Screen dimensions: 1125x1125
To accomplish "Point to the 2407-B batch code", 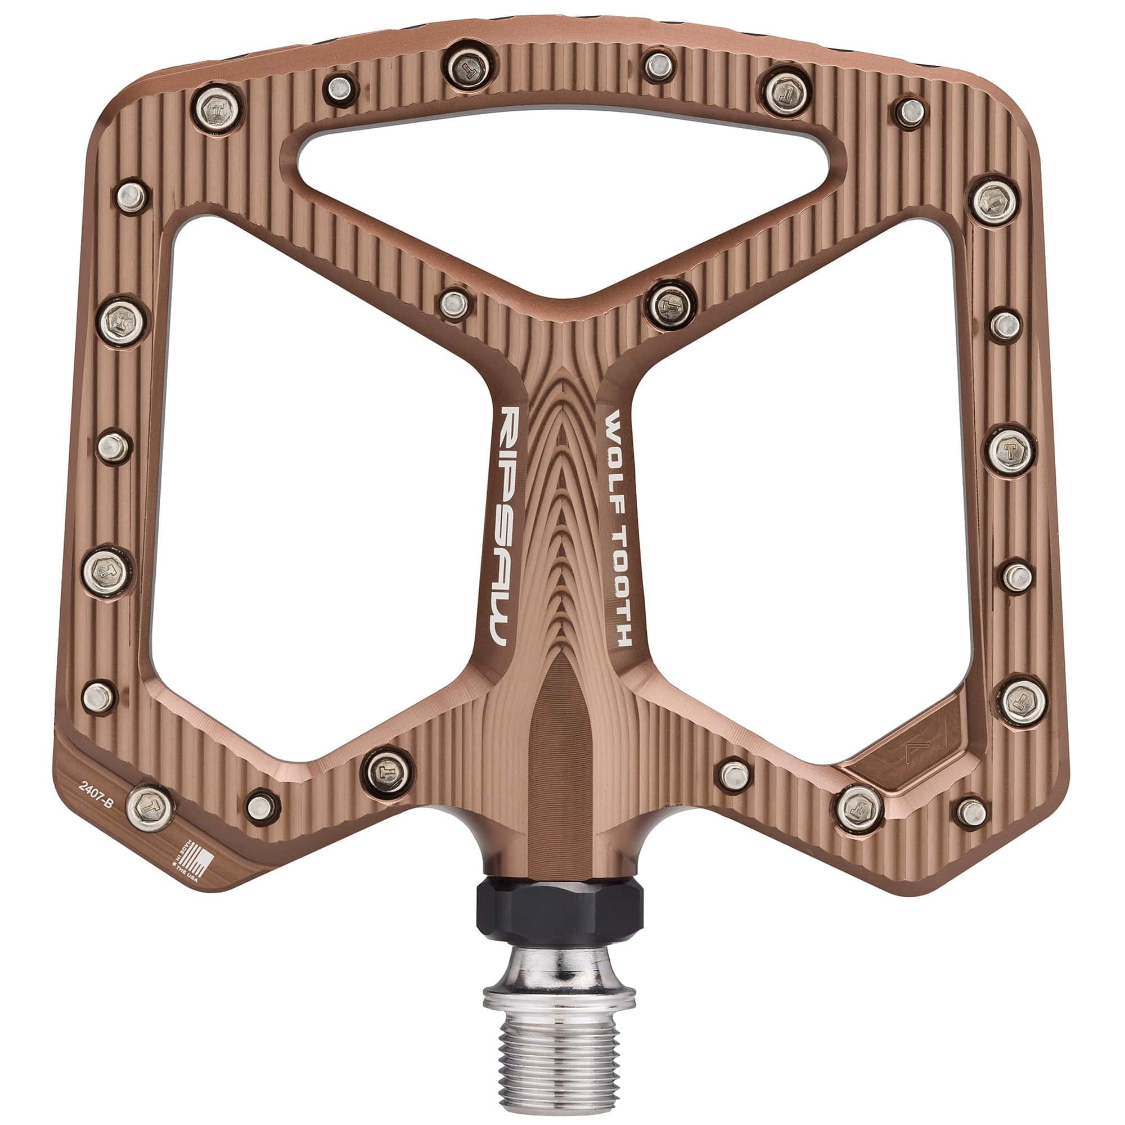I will coord(99,796).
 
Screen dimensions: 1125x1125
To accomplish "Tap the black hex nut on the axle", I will coord(560,912).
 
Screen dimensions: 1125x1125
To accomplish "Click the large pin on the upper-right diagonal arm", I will coord(672,305).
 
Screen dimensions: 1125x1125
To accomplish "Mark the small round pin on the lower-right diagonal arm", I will coord(734,774).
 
